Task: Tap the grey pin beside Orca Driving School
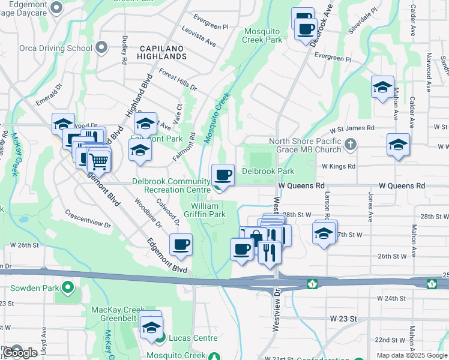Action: (101, 47)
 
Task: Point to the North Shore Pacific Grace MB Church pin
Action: (352, 145)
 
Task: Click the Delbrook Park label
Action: (268, 171)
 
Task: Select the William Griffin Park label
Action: (209, 209)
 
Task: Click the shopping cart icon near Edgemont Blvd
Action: (98, 161)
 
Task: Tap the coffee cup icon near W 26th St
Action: (181, 245)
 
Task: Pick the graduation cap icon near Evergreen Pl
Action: (382, 88)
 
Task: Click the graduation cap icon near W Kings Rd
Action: (397, 145)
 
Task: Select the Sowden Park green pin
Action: (67, 288)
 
